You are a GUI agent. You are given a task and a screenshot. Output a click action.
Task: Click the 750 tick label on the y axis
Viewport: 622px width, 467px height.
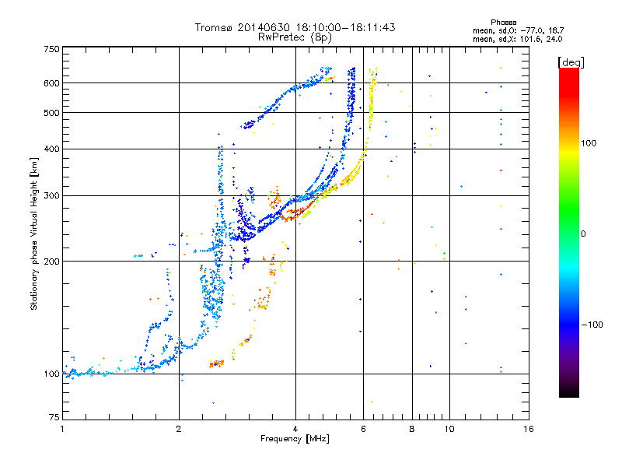point(52,49)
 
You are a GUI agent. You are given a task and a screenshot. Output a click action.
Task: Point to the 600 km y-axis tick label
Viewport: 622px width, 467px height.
point(52,83)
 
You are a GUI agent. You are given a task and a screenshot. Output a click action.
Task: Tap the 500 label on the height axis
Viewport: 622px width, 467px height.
point(52,113)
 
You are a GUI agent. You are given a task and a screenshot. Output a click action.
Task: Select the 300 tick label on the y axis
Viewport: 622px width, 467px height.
point(52,196)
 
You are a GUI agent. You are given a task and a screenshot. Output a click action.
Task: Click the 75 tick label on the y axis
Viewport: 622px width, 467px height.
point(54,417)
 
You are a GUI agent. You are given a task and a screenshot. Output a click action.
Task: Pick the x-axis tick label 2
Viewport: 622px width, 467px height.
point(179,429)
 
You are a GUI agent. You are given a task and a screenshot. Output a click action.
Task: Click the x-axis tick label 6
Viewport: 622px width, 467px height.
point(363,429)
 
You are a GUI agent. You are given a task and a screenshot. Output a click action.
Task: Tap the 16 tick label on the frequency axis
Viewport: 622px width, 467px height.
point(529,429)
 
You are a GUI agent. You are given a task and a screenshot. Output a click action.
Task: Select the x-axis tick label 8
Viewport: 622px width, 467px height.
point(412,429)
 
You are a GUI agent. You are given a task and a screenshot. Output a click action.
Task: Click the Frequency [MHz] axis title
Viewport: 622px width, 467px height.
point(295,439)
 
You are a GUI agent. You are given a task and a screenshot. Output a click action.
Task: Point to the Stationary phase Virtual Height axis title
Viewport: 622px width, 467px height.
point(33,234)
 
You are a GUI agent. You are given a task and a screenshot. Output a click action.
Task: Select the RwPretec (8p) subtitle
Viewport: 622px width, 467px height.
point(295,37)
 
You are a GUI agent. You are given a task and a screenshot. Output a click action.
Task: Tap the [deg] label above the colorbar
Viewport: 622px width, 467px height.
point(571,62)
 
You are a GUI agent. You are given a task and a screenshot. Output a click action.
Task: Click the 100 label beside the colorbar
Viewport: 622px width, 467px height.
point(589,143)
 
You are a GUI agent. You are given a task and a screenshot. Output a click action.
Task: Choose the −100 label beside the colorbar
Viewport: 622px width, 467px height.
point(592,325)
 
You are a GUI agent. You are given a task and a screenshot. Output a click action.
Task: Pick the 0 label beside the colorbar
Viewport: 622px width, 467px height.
point(583,234)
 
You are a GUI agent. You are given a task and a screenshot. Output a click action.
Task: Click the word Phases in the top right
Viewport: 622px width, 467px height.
point(503,23)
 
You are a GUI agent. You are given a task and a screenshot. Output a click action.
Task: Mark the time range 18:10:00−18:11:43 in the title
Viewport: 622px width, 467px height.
point(345,27)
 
